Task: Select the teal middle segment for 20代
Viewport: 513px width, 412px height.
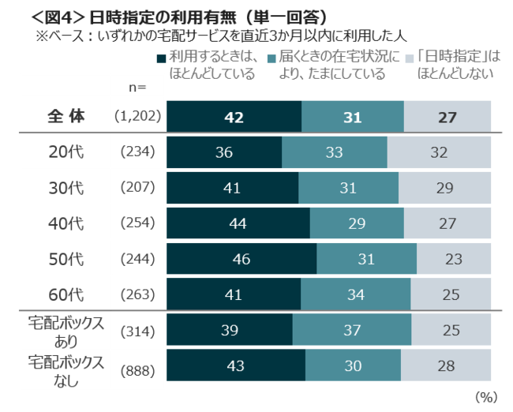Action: pyautogui.click(x=334, y=152)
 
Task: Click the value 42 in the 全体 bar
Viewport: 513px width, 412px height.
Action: pyautogui.click(x=234, y=117)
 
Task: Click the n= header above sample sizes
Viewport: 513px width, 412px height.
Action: pyautogui.click(x=137, y=88)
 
